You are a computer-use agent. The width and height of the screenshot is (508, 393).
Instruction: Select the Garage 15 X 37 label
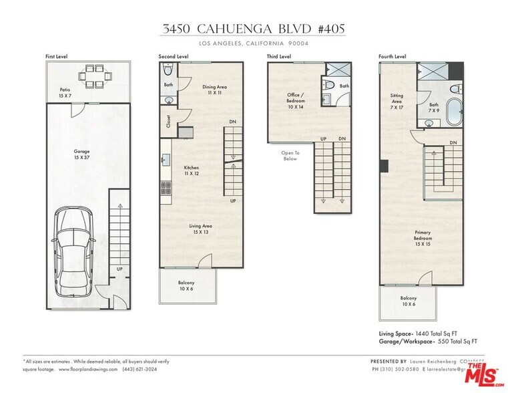tap(81, 155)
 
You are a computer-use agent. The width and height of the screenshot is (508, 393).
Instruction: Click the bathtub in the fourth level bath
tap(454, 110)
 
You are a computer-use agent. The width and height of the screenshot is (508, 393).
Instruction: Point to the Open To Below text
tap(290, 156)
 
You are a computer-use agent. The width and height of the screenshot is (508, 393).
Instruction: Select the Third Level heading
tap(278, 57)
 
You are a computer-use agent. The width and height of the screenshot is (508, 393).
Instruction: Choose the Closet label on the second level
tap(167, 122)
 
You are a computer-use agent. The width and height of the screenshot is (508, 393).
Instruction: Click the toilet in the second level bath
tap(168, 70)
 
